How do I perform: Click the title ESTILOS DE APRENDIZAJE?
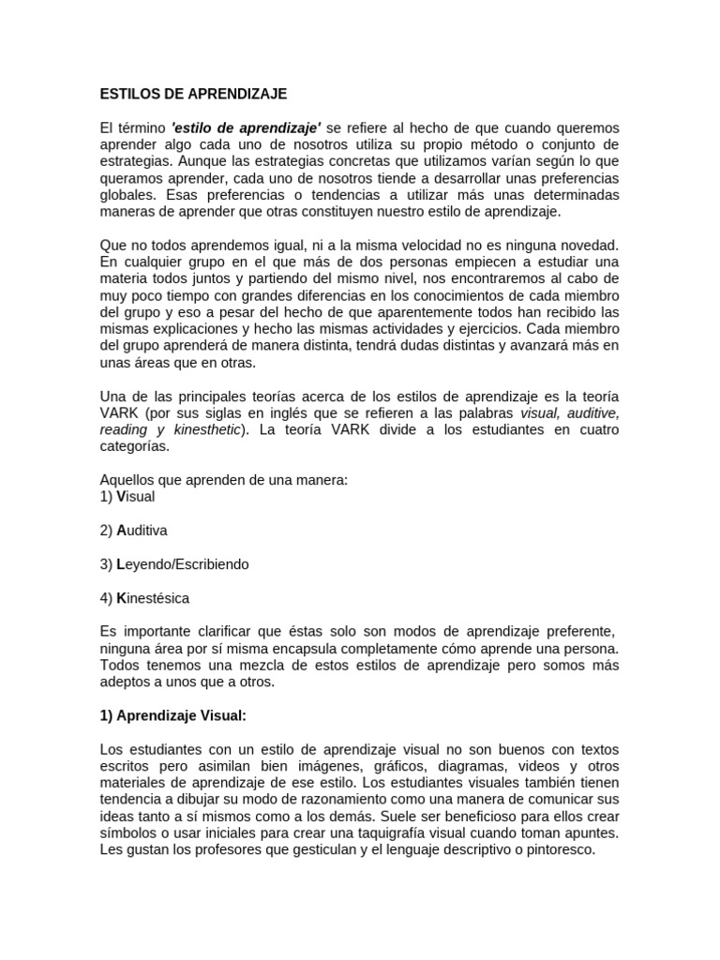[x=193, y=95]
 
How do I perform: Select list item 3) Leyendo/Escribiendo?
[x=174, y=564]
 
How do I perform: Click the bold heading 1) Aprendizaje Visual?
[x=173, y=716]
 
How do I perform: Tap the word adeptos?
[x=125, y=682]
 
